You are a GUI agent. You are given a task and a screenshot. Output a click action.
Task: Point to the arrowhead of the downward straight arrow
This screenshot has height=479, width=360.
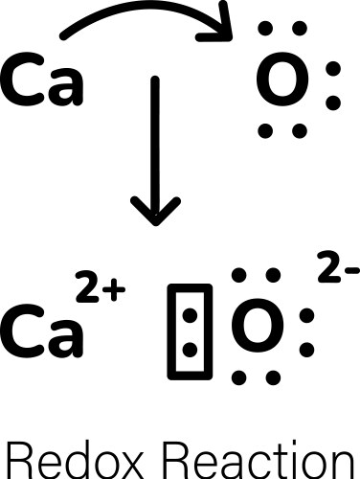pyautogui.click(x=153, y=210)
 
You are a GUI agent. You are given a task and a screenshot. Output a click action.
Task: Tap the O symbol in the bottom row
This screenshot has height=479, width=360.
pyautogui.click(x=256, y=326)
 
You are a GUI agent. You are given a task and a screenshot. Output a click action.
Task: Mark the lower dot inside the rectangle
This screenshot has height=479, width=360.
pyautogui.click(x=186, y=347)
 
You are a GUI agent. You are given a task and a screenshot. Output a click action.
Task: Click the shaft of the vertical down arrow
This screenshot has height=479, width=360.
pyautogui.click(x=153, y=144)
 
